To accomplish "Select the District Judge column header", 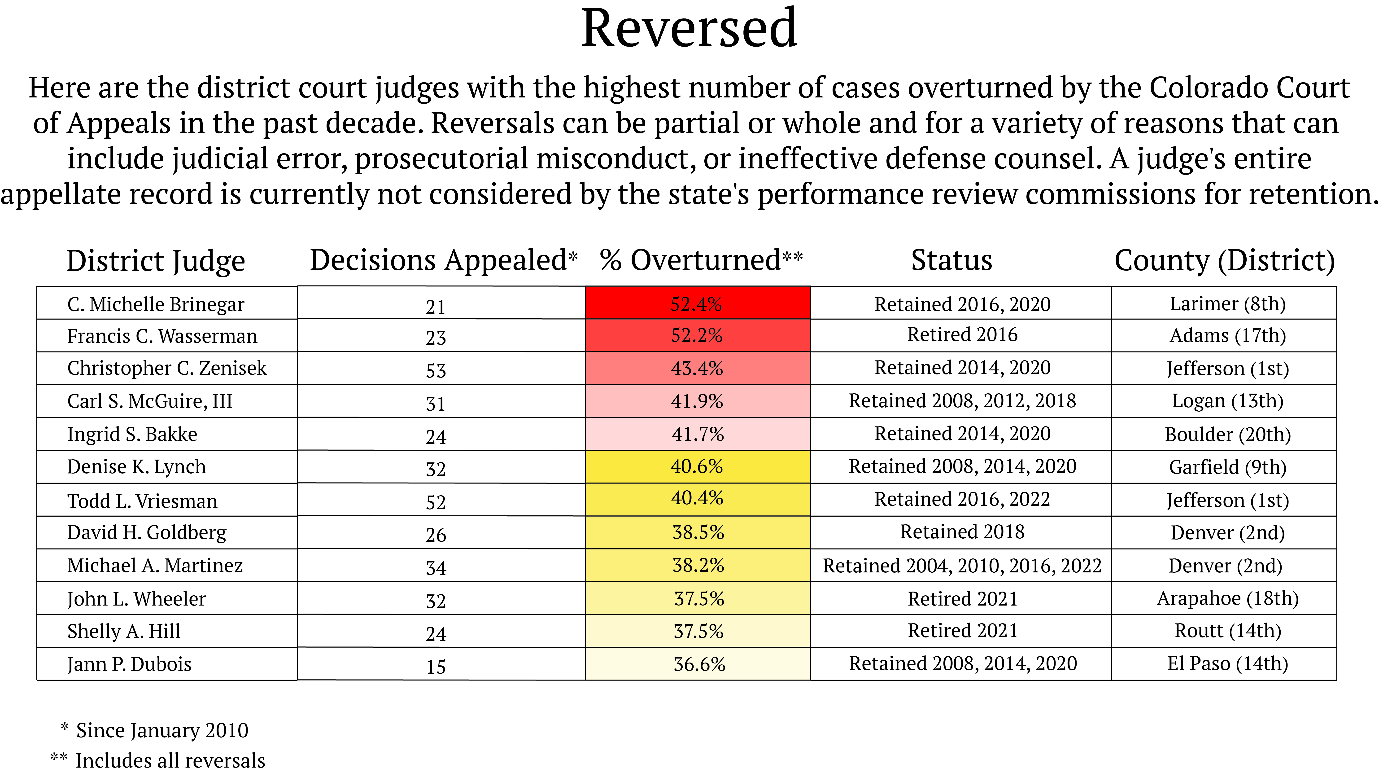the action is [156, 261].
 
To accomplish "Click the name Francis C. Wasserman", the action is [162, 336].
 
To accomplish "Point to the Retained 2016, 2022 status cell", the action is [962, 499].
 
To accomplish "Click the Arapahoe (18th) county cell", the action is [1227, 598].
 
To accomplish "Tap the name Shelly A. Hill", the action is [124, 631].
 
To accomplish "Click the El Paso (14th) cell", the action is [1227, 664].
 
